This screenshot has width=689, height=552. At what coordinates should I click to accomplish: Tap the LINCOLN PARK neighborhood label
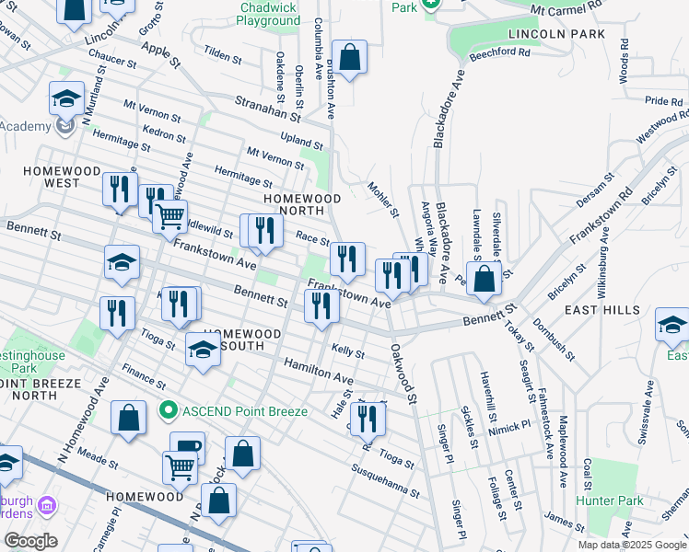point(556,34)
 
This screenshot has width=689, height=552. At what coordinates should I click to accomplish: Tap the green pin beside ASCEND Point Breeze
point(168,409)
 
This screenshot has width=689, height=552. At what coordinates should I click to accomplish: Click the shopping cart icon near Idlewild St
point(169,217)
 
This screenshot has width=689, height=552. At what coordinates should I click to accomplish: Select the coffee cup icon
point(187,446)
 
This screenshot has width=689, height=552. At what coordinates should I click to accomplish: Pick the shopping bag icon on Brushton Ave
point(350,57)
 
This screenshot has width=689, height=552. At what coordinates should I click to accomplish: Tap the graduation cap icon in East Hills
point(672,325)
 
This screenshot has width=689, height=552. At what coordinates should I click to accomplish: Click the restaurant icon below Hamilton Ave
point(368,419)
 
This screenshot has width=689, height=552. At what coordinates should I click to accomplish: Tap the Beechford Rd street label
point(499,52)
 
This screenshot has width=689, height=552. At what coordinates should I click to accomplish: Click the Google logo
point(30,541)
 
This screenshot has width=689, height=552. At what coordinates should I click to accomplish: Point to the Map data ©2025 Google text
point(632,545)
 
